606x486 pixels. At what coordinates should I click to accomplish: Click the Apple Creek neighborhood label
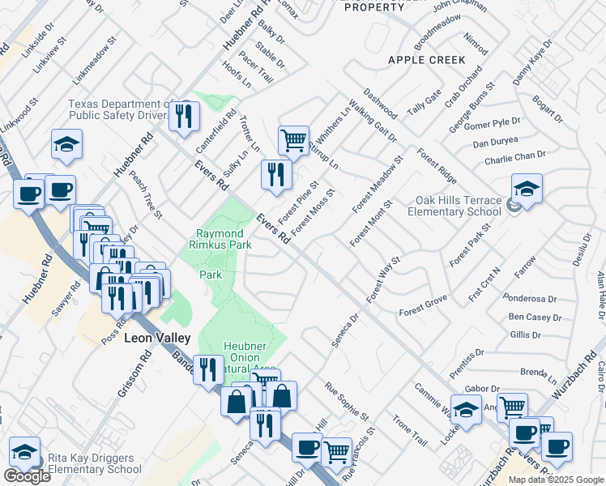tap(426, 60)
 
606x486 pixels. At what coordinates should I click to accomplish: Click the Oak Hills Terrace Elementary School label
tap(458, 207)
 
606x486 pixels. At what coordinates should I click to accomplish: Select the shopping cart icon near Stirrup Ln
tap(293, 139)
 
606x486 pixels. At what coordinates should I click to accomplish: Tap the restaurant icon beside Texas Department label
tap(185, 116)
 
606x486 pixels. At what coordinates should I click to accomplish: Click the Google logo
tap(27, 476)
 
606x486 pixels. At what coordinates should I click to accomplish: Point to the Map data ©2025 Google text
tap(556, 480)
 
